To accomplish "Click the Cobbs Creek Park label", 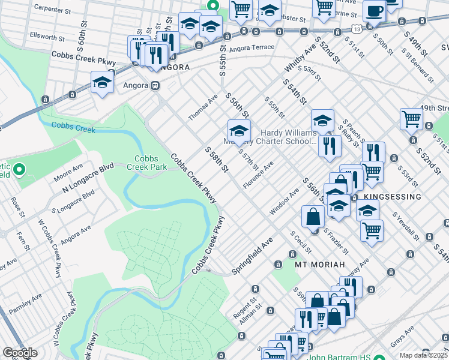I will click(142, 163).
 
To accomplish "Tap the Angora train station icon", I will click(155, 85).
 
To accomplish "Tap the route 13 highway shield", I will click(357, 29).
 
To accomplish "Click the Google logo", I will click(20, 353).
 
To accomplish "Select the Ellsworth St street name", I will click(44, 38).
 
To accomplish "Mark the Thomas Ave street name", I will click(203, 107).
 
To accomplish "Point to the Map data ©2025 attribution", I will click(424, 355).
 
